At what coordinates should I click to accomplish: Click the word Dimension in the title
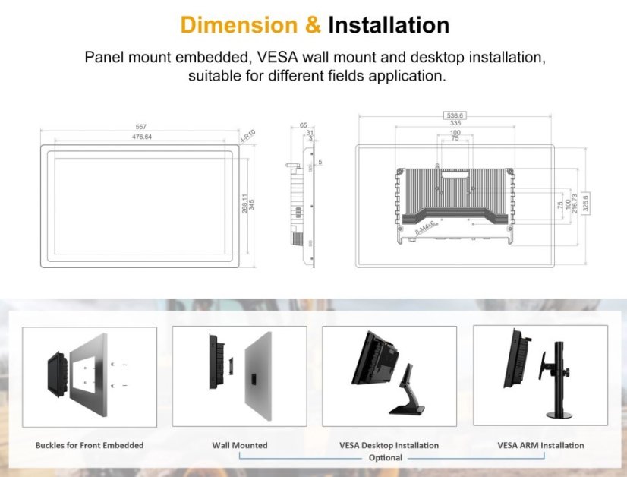(239, 24)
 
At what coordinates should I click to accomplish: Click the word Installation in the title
(388, 24)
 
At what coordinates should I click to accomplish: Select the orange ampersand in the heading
(312, 24)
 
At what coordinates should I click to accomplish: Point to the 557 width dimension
(140, 126)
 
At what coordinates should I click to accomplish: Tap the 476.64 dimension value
(140, 137)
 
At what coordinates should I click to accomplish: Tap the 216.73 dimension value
(575, 202)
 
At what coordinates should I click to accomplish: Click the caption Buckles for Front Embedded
(89, 445)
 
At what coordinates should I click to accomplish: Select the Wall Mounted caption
(239, 445)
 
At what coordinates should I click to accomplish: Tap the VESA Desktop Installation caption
(389, 445)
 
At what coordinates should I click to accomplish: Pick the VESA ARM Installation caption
(540, 445)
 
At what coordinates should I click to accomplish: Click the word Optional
(385, 458)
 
